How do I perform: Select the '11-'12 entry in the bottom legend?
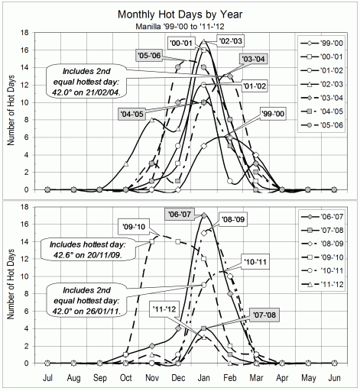(329, 295)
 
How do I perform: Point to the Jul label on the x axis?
(47, 378)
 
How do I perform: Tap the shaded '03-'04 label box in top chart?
(252, 59)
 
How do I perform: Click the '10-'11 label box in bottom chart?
(256, 260)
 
